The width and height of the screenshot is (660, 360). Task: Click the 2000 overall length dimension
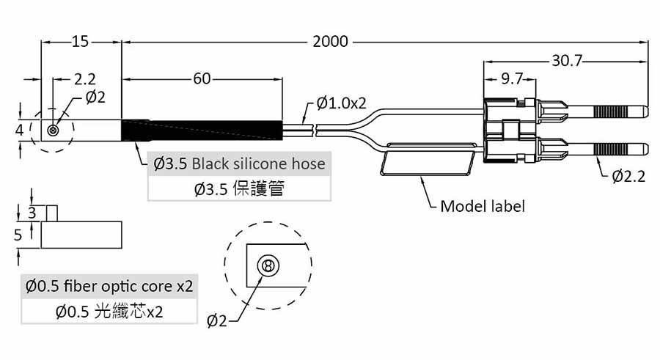pyautogui.click(x=330, y=41)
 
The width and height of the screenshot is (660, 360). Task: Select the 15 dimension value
pyautogui.click(x=80, y=41)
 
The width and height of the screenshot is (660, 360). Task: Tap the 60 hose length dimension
pyautogui.click(x=202, y=78)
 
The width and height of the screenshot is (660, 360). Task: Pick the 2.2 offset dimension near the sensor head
pyautogui.click(x=86, y=78)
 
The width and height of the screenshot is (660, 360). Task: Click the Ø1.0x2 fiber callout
pyautogui.click(x=342, y=103)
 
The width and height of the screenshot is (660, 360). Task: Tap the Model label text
pyautogui.click(x=483, y=206)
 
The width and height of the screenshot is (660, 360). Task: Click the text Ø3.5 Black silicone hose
pyautogui.click(x=240, y=163)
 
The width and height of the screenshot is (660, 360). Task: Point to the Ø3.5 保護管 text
pyautogui.click(x=239, y=189)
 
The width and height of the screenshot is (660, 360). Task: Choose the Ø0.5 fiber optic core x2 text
pyautogui.click(x=109, y=286)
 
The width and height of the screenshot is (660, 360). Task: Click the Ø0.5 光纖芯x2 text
pyautogui.click(x=109, y=312)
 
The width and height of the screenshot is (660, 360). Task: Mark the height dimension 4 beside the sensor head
pyautogui.click(x=20, y=129)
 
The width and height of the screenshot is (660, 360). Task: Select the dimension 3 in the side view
pyautogui.click(x=32, y=213)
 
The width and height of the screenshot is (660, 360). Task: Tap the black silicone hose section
pyautogui.click(x=202, y=130)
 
